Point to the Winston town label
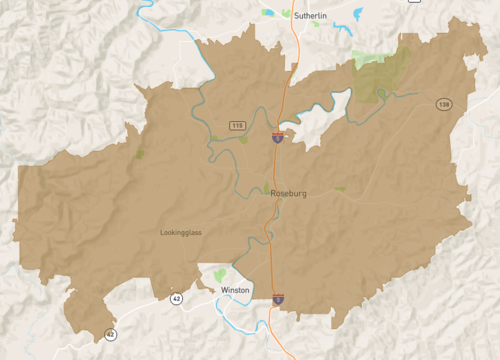tap(235, 290)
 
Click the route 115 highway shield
tap(236, 125)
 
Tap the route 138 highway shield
tap(443, 104)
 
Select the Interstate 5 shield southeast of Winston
tap(278, 298)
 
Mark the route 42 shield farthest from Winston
tap(110, 334)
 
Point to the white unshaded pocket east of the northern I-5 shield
tap(318, 124)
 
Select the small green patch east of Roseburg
tap(340, 188)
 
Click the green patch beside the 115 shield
tap(243, 139)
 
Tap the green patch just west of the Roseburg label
tap(266, 190)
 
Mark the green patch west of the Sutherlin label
tap(269, 13)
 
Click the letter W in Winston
tap(224, 290)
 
